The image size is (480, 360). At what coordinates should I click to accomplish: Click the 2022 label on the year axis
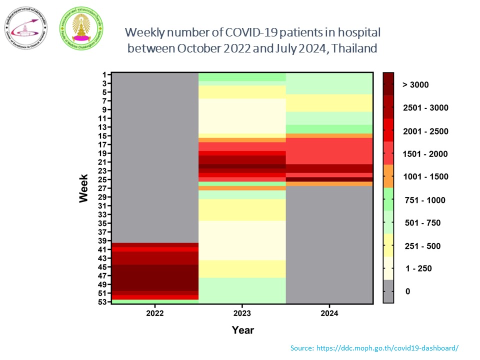point(155,313)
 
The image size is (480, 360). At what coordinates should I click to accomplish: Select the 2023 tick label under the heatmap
point(242,313)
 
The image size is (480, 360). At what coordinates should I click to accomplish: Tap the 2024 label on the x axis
point(329,313)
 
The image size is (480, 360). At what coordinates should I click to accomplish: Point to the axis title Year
point(242,330)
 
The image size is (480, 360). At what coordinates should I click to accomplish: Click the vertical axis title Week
point(83,188)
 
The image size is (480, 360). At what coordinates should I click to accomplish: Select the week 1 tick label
point(103,75)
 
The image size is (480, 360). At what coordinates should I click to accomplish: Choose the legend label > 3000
point(415,85)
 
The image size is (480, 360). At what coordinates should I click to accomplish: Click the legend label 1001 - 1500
point(425,176)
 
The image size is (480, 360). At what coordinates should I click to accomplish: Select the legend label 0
point(407,291)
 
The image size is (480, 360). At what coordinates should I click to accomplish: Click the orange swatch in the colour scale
point(388,176)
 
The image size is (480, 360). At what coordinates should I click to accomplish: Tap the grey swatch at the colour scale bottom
point(388,291)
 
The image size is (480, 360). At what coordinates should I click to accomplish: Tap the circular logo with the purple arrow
point(26,28)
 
